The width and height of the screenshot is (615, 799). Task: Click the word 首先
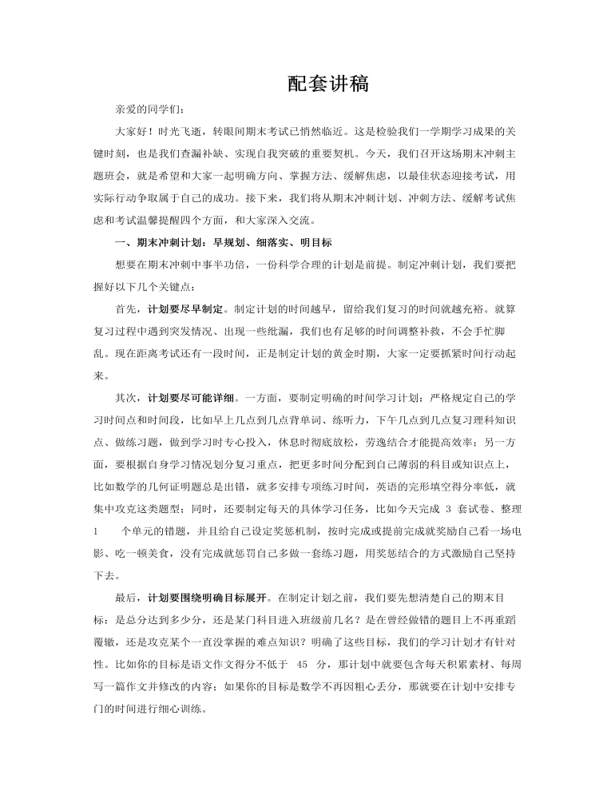(x=126, y=308)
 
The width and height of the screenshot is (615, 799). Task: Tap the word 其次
(x=126, y=396)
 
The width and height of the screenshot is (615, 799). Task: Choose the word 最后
(x=126, y=596)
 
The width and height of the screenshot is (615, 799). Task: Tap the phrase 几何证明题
(x=196, y=487)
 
